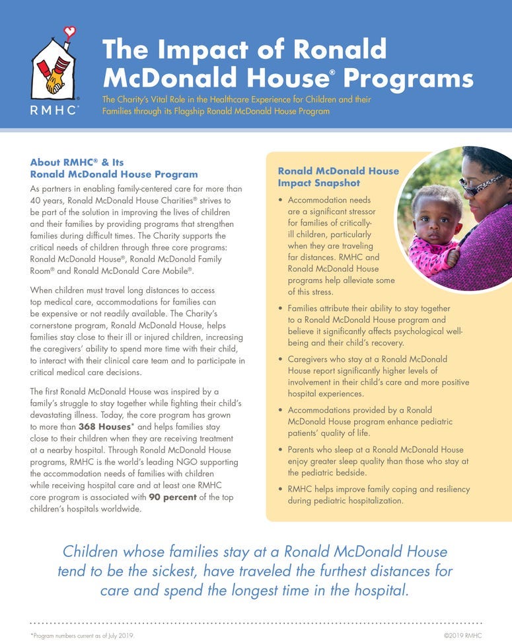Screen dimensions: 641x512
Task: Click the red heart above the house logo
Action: coord(71,30)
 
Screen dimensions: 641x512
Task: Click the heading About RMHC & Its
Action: coord(77,162)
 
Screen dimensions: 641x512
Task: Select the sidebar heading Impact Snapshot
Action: coord(318,183)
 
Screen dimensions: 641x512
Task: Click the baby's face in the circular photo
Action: coord(435,218)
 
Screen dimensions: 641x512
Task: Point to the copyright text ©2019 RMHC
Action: coord(462,635)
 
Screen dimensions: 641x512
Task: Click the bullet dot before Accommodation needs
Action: coord(282,200)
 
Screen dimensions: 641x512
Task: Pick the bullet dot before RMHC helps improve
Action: coord(282,490)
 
